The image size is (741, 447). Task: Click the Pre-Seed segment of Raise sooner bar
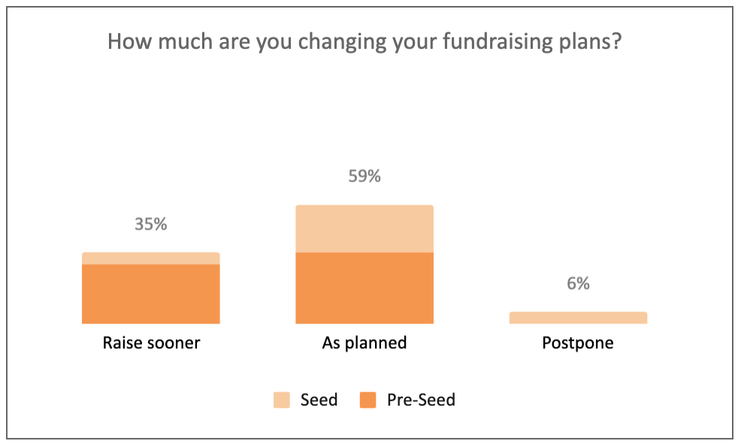pyautogui.click(x=151, y=293)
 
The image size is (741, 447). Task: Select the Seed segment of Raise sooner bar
pyautogui.click(x=151, y=258)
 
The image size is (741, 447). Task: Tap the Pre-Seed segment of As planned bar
pyautogui.click(x=364, y=288)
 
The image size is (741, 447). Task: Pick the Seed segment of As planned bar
pyautogui.click(x=364, y=229)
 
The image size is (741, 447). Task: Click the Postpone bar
pyautogui.click(x=578, y=318)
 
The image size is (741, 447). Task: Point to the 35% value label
pyautogui.click(x=151, y=223)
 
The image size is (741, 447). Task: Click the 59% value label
pyautogui.click(x=364, y=176)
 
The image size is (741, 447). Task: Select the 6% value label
pyautogui.click(x=578, y=284)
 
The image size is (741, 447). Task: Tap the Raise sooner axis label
pyautogui.click(x=151, y=342)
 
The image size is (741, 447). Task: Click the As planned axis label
pyautogui.click(x=364, y=342)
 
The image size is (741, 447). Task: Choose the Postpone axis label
pyautogui.click(x=578, y=342)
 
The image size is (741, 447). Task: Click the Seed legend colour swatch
pyautogui.click(x=282, y=400)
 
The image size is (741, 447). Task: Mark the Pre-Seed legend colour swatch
pyautogui.click(x=367, y=400)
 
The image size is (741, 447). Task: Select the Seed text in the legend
pyautogui.click(x=319, y=400)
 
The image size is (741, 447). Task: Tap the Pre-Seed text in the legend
pyautogui.click(x=421, y=400)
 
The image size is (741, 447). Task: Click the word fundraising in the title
pyautogui.click(x=498, y=41)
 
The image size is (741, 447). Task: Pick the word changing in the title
pyautogui.click(x=343, y=41)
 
